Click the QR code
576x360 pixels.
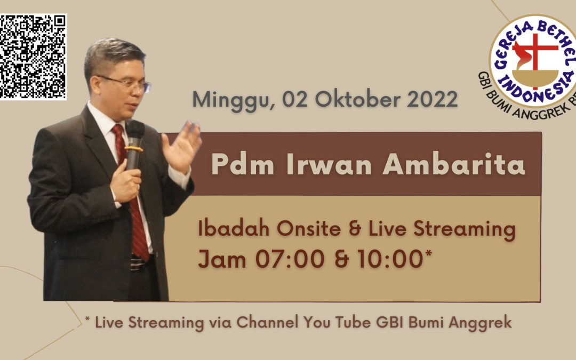point(33,57)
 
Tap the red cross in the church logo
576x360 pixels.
point(535,55)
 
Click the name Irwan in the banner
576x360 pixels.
point(329,165)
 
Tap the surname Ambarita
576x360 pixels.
point(454,164)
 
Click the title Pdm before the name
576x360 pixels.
point(243,164)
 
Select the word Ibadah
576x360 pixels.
point(234,228)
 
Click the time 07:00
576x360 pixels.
point(290,259)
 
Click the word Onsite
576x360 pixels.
point(309,228)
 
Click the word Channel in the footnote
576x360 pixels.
point(267,322)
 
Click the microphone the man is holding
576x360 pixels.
point(134,145)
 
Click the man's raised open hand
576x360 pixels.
point(181,147)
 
